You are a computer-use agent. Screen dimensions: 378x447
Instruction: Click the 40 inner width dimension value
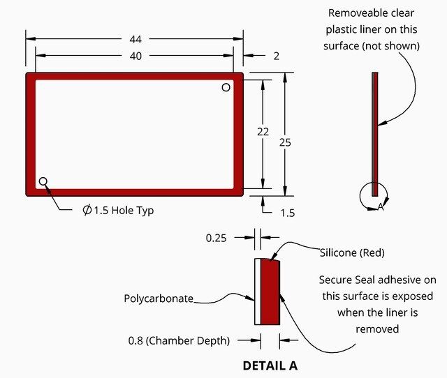pyautogui.click(x=134, y=56)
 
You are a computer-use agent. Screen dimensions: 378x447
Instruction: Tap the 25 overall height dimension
pyautogui.click(x=285, y=142)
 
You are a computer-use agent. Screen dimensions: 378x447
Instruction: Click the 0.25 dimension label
pyautogui.click(x=217, y=238)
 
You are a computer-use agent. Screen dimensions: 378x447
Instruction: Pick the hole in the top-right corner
pyautogui.click(x=226, y=87)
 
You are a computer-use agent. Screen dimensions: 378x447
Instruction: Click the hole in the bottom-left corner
pyautogui.click(x=43, y=181)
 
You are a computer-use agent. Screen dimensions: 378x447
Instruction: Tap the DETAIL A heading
pyautogui.click(x=270, y=365)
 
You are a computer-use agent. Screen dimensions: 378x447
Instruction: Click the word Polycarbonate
pyautogui.click(x=159, y=298)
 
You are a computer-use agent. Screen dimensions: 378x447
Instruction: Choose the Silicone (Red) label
pyautogui.click(x=352, y=252)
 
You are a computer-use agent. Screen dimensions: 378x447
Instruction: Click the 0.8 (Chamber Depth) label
pyautogui.click(x=179, y=341)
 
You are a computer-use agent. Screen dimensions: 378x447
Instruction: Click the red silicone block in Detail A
pyautogui.click(x=270, y=292)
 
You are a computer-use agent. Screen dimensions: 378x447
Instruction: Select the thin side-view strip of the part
pyautogui.click(x=375, y=133)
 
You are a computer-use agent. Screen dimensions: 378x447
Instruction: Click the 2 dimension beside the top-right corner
pyautogui.click(x=277, y=56)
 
